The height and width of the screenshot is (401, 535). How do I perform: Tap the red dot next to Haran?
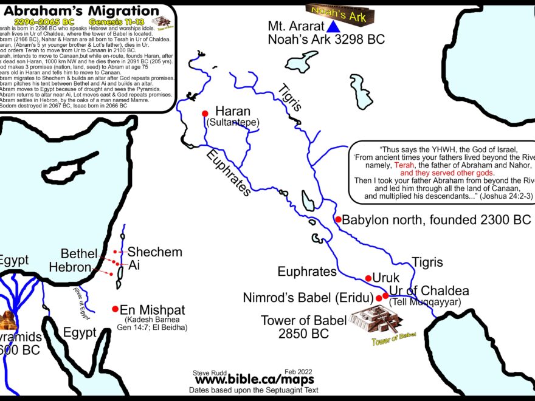click(x=205, y=113)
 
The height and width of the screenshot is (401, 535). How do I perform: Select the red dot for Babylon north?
click(x=337, y=219)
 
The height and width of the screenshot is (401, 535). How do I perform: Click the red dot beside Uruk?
click(x=368, y=278)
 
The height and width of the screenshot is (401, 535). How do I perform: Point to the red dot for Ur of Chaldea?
click(x=385, y=296)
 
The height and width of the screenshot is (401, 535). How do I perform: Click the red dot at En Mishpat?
click(x=115, y=309)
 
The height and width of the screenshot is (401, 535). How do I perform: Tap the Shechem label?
click(x=154, y=252)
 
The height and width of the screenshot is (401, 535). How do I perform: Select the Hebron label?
click(x=69, y=267)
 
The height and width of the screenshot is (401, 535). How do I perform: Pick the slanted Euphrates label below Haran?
click(x=228, y=171)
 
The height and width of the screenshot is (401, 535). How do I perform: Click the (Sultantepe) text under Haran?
click(x=233, y=123)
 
